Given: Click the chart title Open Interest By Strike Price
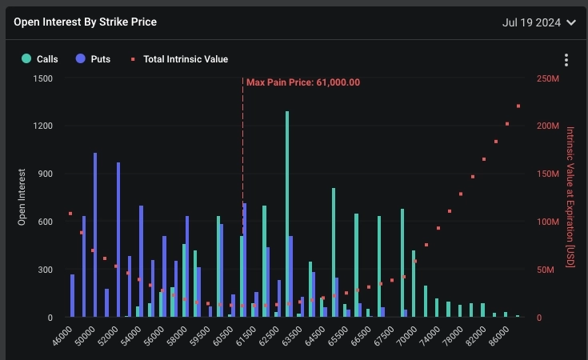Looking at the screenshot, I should (85, 22).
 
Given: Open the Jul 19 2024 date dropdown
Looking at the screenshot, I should (538, 22).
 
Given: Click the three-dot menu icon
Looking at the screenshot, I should (566, 60).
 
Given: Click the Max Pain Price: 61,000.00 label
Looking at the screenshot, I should (302, 82).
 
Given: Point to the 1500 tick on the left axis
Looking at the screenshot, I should (42, 78).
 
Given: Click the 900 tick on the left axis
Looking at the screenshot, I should (46, 174).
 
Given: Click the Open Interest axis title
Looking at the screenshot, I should (22, 197).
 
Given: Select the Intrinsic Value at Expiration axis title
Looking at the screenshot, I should (570, 197).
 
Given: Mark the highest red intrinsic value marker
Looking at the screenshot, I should (518, 106).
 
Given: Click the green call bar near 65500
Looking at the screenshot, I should (334, 252).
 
